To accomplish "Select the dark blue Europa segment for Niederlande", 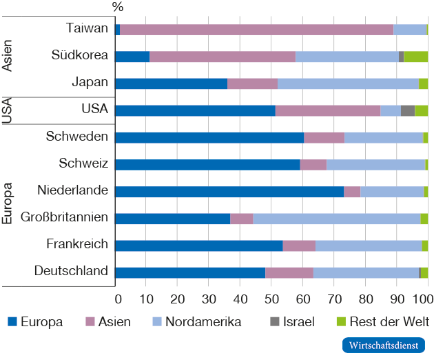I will pos(229,192).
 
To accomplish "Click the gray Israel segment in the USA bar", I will pos(407,110).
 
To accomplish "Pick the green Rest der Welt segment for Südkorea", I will pos(415,57).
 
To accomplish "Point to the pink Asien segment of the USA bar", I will pos(327,110).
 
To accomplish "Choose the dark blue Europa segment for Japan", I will pos(171,83).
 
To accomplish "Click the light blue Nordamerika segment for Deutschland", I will pos(366,272).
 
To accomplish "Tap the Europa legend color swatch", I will pos(12,321).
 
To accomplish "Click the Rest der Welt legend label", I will pos(389,321).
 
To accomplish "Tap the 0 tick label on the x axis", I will pos(118,299).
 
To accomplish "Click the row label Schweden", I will pos(77,137).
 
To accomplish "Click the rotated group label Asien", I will pos(8,55).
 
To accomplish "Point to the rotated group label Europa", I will pos(8,203).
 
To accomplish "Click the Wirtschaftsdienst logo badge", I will pos(384,344).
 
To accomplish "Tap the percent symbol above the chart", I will pos(118,7).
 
